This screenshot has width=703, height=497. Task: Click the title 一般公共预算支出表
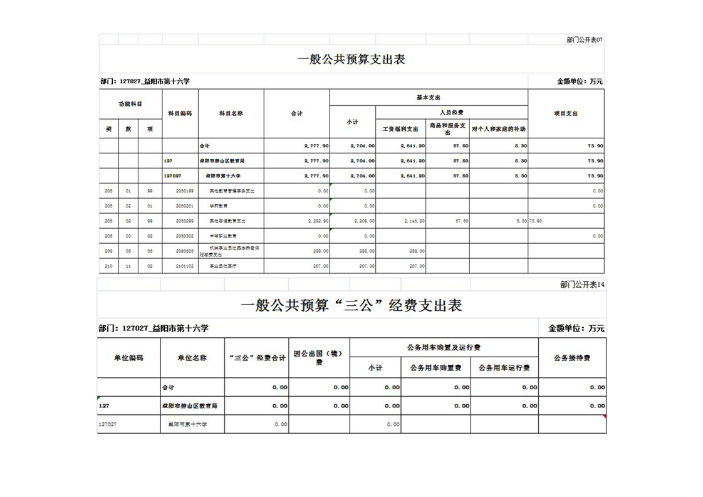pos(351,60)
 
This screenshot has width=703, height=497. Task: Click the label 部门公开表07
pos(584,39)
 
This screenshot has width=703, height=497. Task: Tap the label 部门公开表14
pos(582,285)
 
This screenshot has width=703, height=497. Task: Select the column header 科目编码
pos(180,113)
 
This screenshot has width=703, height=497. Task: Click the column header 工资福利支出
pos(400,129)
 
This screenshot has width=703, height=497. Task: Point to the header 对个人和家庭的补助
pos(498,129)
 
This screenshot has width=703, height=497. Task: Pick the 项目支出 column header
pos(566,113)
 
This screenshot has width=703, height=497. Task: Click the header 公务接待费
pos(572,358)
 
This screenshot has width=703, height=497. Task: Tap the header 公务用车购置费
pos(435,368)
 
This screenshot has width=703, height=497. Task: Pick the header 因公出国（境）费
pos(319,358)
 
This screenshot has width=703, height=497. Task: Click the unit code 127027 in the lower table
pos(107,424)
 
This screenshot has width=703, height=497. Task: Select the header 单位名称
pos(192,358)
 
